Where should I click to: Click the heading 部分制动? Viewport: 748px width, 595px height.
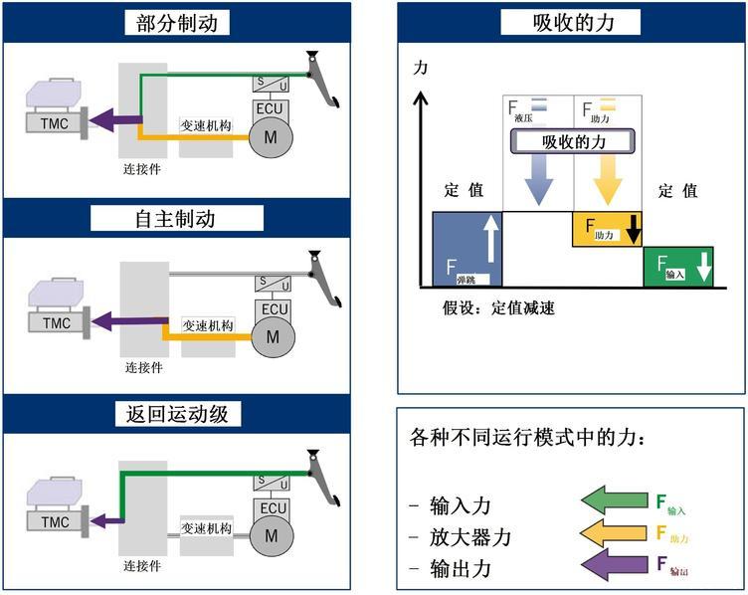[x=177, y=23]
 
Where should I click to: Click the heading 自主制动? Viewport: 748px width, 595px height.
[x=177, y=218]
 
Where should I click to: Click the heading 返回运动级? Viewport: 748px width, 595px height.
[x=177, y=413]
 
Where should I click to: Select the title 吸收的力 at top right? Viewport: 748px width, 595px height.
[x=571, y=23]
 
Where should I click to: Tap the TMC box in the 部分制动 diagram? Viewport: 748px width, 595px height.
[x=56, y=124]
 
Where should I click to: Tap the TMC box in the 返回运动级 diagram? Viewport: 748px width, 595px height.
[x=56, y=521]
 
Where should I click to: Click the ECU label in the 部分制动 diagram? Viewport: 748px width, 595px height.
[x=273, y=108]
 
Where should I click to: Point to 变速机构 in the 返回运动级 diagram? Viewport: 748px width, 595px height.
[x=207, y=529]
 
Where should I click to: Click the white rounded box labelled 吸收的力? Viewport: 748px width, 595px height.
[x=572, y=142]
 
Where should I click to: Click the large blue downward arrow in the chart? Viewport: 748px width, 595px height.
[x=539, y=179]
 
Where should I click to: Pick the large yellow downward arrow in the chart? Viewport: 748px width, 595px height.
[x=607, y=179]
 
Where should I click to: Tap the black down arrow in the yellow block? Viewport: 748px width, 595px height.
[x=633, y=231]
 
